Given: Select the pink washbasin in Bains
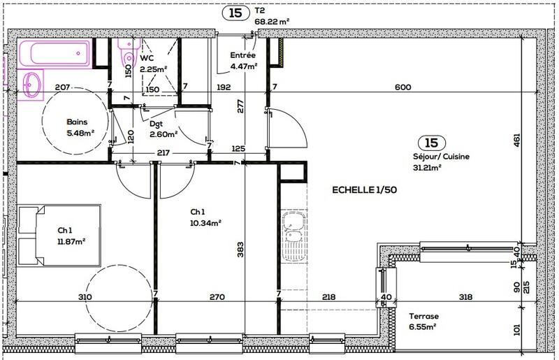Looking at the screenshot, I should click(31, 85).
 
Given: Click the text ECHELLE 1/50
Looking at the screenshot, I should click(364, 190).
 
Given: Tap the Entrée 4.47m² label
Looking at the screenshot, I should click(243, 62).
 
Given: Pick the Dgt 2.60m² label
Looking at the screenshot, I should click(163, 129).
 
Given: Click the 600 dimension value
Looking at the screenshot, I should click(402, 87).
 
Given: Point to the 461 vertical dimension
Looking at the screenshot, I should click(518, 138).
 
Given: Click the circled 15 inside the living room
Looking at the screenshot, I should click(427, 142).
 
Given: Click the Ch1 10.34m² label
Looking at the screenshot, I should click(205, 219).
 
